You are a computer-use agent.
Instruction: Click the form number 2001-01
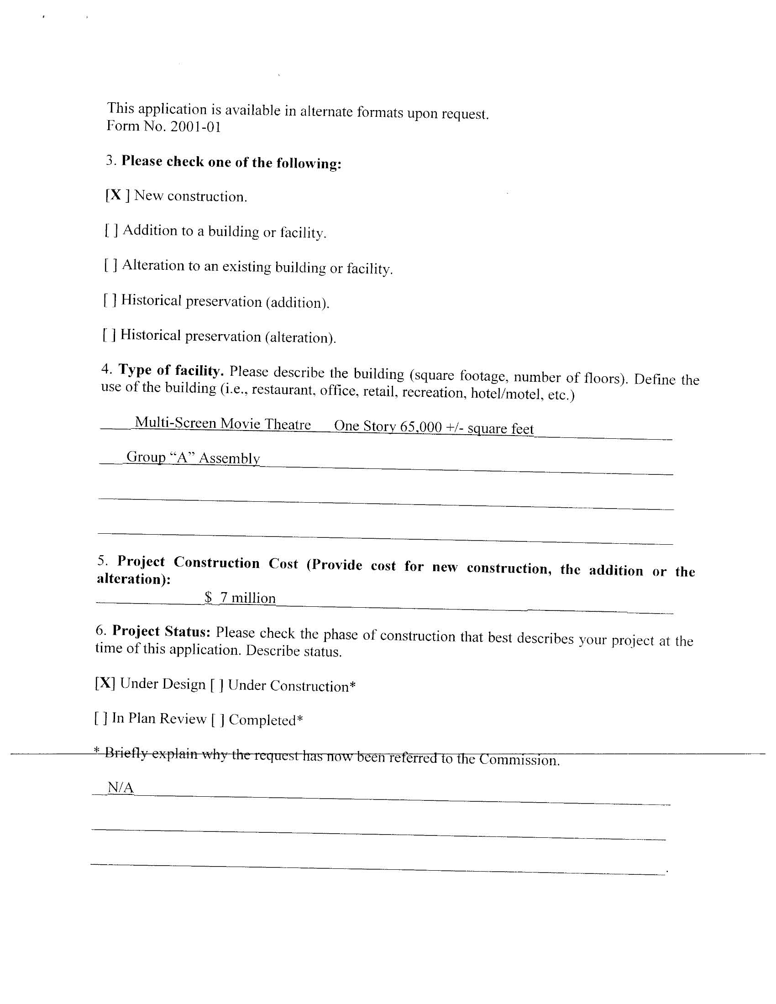click(195, 127)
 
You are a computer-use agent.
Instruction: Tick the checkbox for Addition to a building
click(111, 230)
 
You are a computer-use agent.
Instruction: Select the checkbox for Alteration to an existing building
click(111, 265)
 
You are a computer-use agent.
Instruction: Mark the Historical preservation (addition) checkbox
click(110, 300)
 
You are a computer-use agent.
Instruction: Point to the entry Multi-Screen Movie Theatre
click(222, 423)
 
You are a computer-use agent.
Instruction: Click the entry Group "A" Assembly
click(193, 457)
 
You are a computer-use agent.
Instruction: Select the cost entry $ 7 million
click(240, 598)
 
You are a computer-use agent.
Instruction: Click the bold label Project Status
click(161, 631)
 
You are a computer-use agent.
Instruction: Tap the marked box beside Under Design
click(105, 683)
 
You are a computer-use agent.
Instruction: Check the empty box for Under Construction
click(217, 685)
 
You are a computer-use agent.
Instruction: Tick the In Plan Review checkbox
click(101, 718)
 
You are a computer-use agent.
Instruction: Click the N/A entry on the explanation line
click(121, 788)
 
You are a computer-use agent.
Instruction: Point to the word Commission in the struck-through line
click(519, 759)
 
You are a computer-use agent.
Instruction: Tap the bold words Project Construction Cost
click(207, 562)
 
